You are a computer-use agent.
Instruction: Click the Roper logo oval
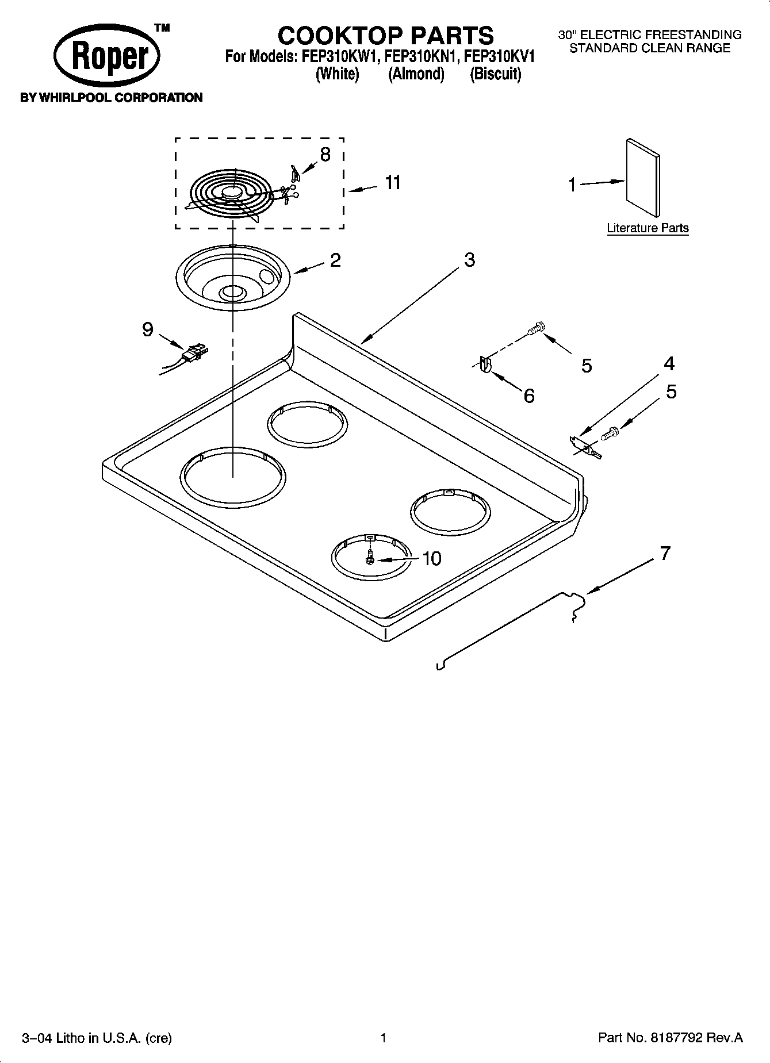point(107,57)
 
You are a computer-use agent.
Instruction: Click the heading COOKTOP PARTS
point(385,36)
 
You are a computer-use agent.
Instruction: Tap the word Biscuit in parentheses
point(495,74)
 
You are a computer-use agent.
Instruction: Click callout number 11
point(392,183)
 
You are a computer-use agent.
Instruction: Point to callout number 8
point(325,154)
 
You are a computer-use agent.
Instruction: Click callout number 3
point(469,260)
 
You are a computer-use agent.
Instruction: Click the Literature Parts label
point(648,228)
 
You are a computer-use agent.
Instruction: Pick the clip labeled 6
point(484,365)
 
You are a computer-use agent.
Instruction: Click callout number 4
point(669,363)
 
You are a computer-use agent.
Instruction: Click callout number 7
point(665,554)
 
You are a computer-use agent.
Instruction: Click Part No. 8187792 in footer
point(670,1038)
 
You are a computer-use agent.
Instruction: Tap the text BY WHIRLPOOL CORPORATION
point(112,98)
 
